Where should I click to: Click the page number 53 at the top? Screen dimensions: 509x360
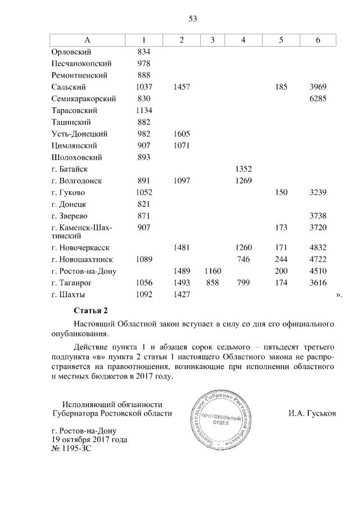[x=192, y=19]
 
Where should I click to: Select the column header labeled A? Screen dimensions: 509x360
[x=87, y=40]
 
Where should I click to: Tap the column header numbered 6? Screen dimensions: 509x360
[x=318, y=40]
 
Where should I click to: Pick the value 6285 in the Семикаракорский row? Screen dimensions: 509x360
[x=318, y=98]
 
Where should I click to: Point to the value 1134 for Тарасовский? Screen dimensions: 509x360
[x=144, y=110]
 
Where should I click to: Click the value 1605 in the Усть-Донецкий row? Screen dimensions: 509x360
[x=182, y=134]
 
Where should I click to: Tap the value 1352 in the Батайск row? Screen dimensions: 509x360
[x=244, y=169]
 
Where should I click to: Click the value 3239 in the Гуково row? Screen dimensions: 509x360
[x=318, y=192]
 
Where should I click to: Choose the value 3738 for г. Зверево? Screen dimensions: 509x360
[x=318, y=216]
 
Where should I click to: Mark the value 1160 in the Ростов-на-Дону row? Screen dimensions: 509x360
[x=211, y=271]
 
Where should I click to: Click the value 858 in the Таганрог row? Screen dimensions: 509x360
[x=212, y=283]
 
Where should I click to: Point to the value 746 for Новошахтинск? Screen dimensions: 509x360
[x=244, y=259]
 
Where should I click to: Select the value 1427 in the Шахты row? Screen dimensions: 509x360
[x=182, y=295]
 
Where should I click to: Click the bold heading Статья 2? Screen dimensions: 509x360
[x=90, y=310]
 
